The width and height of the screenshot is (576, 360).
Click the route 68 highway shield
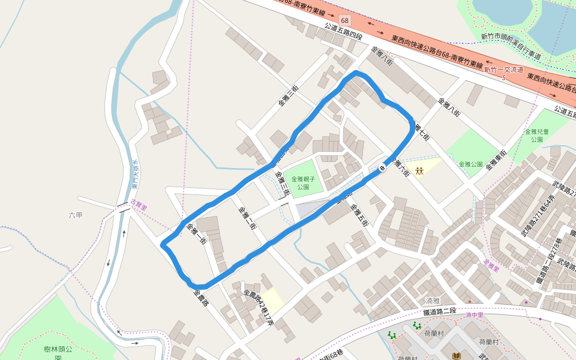(343, 20)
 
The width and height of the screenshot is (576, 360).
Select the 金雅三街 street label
(288, 96)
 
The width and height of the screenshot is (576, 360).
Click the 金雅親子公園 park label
(303, 182)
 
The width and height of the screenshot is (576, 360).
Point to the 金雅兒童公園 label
(533, 135)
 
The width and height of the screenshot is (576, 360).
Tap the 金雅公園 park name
(470, 164)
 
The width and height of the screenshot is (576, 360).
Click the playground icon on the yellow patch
(419, 171)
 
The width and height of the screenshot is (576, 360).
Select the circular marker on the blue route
(382, 169)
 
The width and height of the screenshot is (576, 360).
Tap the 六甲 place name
(76, 214)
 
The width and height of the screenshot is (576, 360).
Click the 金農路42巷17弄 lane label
(259, 308)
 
